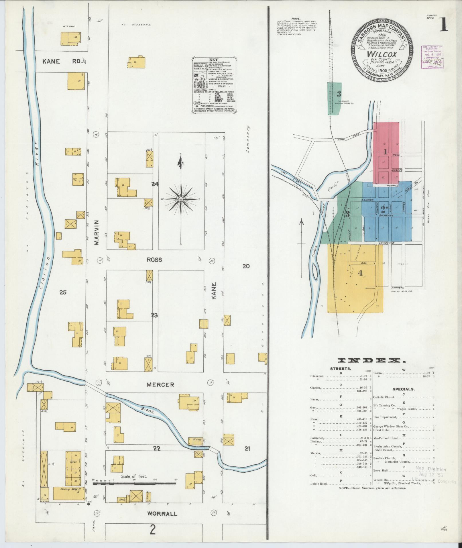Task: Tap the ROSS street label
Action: click(x=154, y=260)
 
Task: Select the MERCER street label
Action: click(x=160, y=385)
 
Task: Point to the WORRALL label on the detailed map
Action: click(x=162, y=514)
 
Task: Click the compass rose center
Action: click(x=181, y=199)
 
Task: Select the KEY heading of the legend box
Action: click(x=214, y=60)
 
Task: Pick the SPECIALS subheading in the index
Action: click(x=403, y=389)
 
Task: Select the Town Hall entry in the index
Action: click(x=381, y=471)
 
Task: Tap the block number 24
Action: click(x=155, y=184)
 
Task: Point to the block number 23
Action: click(x=154, y=315)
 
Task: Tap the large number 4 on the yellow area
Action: click(x=360, y=273)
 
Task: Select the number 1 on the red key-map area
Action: click(x=386, y=152)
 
